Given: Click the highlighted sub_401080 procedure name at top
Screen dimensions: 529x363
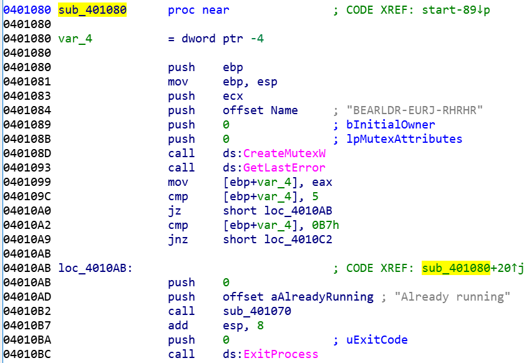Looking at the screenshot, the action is coord(92,10).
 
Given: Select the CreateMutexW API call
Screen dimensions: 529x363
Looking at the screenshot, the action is coord(284,153).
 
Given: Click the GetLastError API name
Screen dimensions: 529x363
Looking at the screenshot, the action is coord(284,168).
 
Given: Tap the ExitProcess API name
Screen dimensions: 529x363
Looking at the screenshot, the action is coord(281,354).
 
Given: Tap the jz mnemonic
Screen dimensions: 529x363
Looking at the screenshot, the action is coord(174,211).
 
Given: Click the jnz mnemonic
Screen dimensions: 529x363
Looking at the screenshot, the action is coord(177,240).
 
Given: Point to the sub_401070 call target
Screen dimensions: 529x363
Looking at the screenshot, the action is coord(257,311).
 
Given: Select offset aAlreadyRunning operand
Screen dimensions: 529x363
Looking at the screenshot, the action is coord(298,297).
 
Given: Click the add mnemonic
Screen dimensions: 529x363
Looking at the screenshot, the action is coord(177,326).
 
